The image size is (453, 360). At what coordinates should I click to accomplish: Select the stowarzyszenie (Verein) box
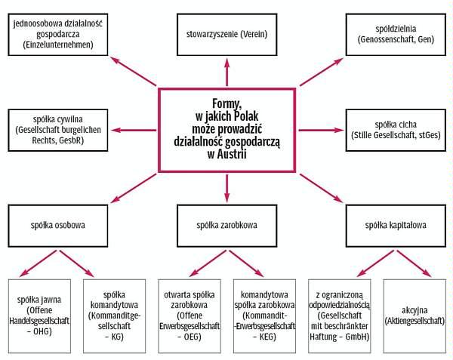(226, 34)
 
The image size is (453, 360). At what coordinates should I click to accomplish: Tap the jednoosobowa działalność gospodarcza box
(57, 34)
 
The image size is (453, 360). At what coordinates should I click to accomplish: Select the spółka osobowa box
(57, 225)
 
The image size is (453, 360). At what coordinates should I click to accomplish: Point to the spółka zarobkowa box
(226, 225)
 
